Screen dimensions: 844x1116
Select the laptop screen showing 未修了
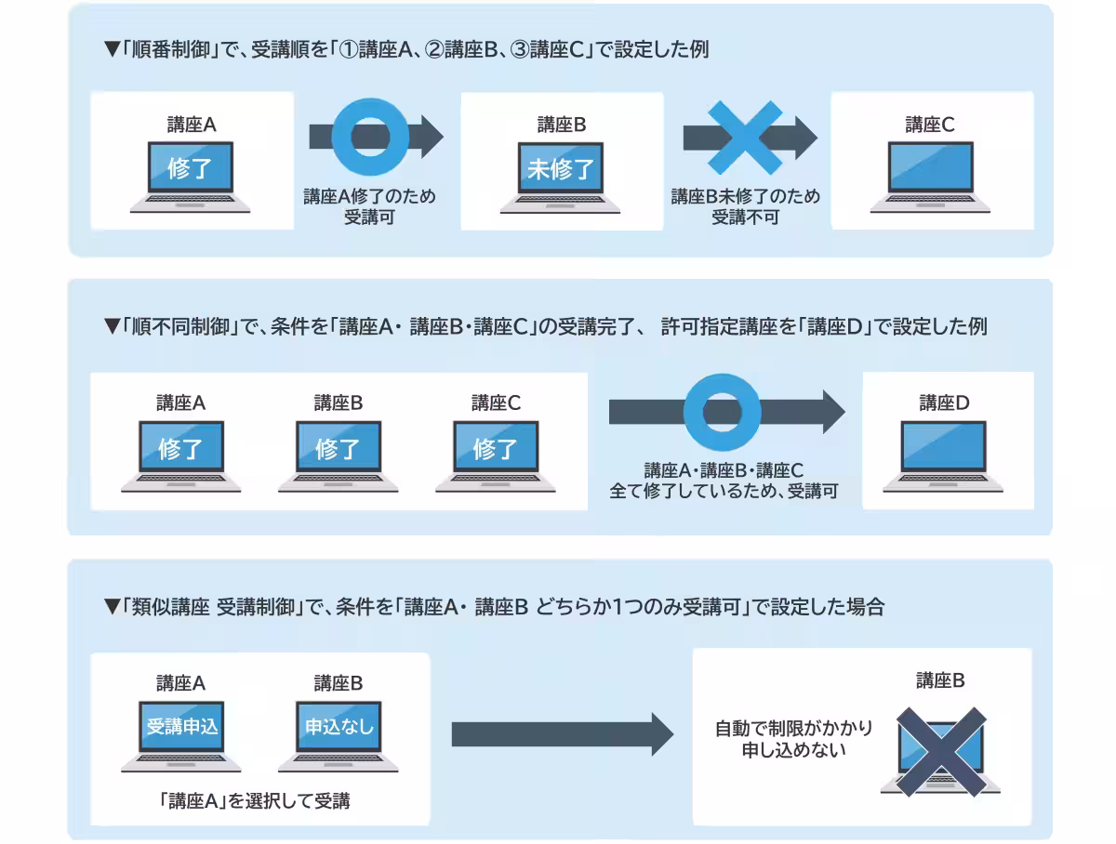click(x=561, y=170)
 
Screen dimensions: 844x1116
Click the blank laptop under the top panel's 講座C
click(x=930, y=172)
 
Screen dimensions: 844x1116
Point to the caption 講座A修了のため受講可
click(x=369, y=206)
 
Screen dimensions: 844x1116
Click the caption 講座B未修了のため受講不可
click(x=745, y=206)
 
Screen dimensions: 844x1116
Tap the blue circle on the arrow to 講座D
click(x=723, y=411)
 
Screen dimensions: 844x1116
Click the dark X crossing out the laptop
click(x=940, y=751)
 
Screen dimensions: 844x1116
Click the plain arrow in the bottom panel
click(x=562, y=734)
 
